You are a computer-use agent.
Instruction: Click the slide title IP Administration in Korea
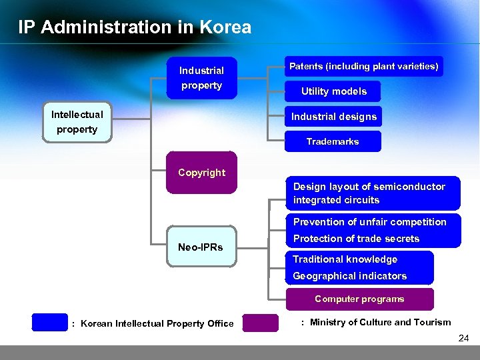(x=135, y=27)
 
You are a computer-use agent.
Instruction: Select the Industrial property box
(x=201, y=78)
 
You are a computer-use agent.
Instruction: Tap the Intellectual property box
(x=77, y=122)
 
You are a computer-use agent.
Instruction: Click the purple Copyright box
(x=201, y=173)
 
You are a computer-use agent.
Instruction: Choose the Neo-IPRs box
(x=201, y=247)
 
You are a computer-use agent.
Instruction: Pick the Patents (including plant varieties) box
(x=363, y=66)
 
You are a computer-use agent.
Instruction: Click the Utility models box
(x=333, y=91)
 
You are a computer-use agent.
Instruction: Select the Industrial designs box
(x=333, y=117)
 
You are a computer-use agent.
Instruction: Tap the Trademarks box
(x=333, y=141)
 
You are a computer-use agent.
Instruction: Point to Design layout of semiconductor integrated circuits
(x=369, y=193)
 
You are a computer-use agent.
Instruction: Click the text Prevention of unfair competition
(x=369, y=222)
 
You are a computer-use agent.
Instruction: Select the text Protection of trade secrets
(x=356, y=239)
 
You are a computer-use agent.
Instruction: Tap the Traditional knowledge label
(x=345, y=259)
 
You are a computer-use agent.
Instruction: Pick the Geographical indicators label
(x=349, y=276)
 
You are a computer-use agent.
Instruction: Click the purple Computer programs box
(x=359, y=299)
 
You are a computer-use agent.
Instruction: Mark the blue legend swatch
(x=49, y=323)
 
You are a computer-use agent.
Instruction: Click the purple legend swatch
(x=260, y=323)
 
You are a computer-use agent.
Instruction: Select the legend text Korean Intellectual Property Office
(x=157, y=324)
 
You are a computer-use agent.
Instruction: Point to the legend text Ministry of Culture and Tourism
(x=380, y=323)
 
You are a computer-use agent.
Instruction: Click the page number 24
(x=463, y=339)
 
